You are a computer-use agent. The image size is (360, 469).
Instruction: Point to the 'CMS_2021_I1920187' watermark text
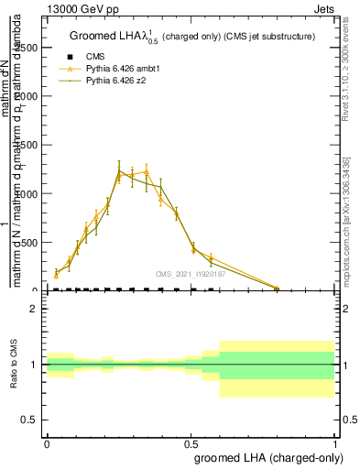click(x=191, y=273)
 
